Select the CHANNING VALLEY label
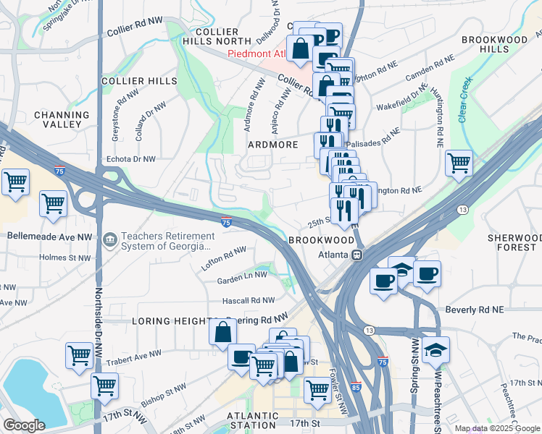(61, 119)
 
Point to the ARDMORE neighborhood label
(274, 145)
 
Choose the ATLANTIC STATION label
(252, 421)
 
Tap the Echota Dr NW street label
(130, 158)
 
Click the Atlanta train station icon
(357, 255)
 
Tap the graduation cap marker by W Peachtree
(435, 350)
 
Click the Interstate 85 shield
(355, 388)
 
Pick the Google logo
(24, 425)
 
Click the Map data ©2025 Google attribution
(496, 428)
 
